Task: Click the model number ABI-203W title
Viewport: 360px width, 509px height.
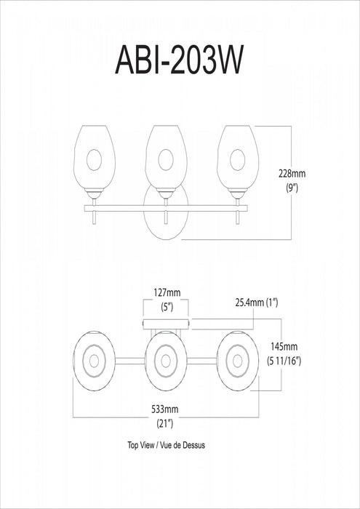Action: (x=179, y=60)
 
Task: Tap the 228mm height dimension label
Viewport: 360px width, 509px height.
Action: (x=292, y=174)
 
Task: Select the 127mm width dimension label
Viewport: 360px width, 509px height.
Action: (x=167, y=293)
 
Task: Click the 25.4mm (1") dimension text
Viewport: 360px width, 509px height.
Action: (x=257, y=303)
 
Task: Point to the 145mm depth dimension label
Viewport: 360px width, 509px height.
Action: (x=284, y=347)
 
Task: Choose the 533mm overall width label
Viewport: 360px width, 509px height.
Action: (x=165, y=409)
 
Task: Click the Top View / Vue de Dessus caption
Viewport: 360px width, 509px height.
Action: (x=167, y=445)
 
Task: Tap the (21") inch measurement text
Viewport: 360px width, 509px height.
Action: (x=166, y=424)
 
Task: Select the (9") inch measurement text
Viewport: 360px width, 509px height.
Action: (x=292, y=188)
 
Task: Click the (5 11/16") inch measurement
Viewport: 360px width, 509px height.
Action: (x=284, y=361)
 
